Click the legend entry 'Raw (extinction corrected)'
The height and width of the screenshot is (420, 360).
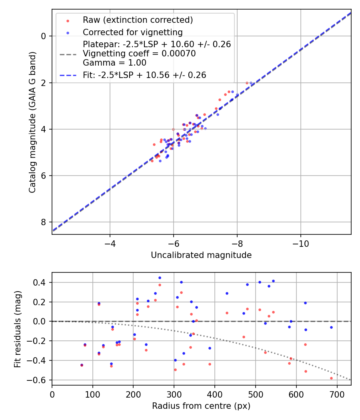(138, 20)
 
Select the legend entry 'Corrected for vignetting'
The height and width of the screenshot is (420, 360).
(132, 32)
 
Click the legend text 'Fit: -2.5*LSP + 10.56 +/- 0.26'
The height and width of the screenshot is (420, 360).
(144, 75)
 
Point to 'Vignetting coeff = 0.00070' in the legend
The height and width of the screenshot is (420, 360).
(139, 54)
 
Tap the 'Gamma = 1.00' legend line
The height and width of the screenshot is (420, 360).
(114, 63)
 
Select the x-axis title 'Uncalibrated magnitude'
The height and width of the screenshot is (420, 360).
(201, 255)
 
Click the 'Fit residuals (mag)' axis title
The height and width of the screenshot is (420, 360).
(17, 329)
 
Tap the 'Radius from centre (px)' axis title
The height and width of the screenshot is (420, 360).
(201, 406)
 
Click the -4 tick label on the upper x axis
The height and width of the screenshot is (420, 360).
(110, 244)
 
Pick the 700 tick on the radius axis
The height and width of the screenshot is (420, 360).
(337, 394)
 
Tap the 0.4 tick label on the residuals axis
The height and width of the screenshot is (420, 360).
(42, 283)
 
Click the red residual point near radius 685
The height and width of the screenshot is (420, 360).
(331, 378)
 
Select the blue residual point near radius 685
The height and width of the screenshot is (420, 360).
(331, 327)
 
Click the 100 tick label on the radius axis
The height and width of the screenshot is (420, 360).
(93, 394)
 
